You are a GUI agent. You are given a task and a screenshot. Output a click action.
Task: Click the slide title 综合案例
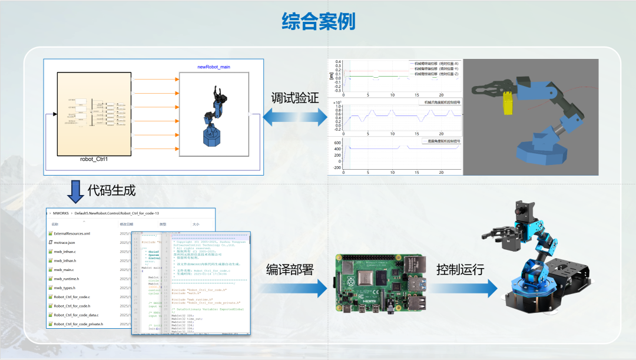pos(318,22)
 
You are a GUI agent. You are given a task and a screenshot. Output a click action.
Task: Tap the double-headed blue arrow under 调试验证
pos(294,118)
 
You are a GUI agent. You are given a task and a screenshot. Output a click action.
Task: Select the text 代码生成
pos(111,190)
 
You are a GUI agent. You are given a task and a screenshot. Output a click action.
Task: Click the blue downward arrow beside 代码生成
pos(75,191)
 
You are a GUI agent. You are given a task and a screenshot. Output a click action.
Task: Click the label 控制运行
pos(460,269)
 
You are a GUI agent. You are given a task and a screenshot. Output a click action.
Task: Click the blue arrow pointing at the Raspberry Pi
pos(294,288)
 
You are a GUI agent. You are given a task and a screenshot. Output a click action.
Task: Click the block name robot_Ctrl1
pos(98,159)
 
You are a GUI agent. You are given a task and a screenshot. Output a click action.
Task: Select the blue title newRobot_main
pos(214,67)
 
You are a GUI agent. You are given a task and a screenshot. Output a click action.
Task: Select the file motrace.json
pos(64,242)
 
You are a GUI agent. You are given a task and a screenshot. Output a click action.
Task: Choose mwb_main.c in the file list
pos(63,269)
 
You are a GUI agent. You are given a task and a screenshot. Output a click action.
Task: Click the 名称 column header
pos(55,224)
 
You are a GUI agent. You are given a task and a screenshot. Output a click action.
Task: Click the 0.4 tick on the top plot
pos(337,61)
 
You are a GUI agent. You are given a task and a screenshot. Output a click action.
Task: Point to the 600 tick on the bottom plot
pos(337,143)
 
